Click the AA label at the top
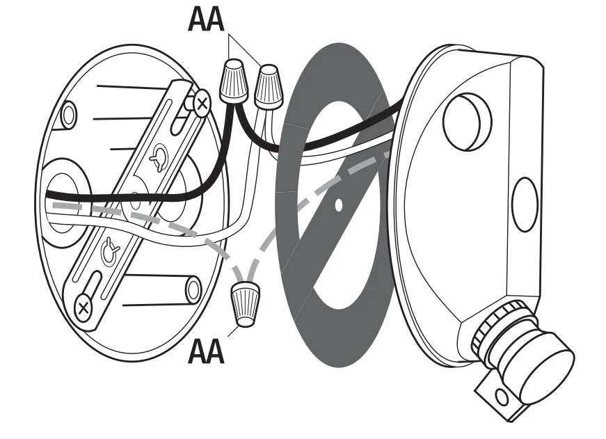(207, 19)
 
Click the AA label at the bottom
(207, 351)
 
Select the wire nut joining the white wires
(268, 86)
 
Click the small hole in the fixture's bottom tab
(500, 397)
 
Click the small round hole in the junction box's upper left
(68, 115)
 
